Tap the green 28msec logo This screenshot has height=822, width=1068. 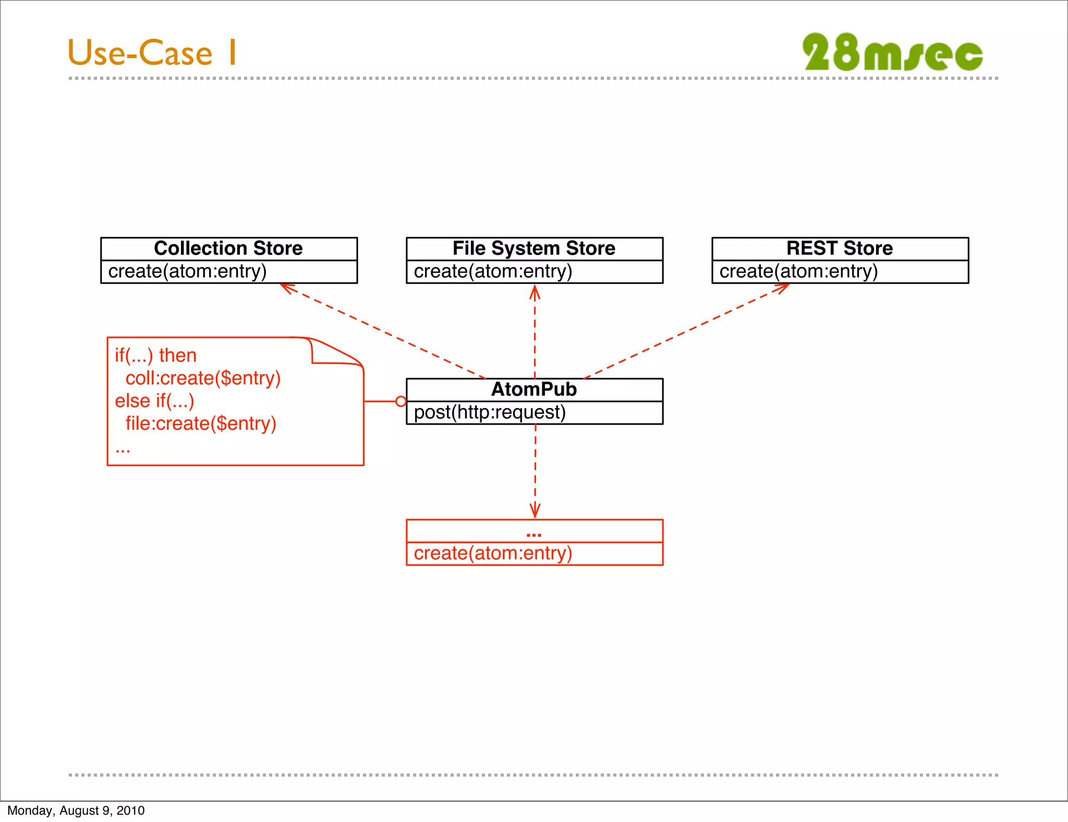892,52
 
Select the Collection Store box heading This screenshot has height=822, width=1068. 228,248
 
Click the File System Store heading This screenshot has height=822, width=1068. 534,248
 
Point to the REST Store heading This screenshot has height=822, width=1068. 840,248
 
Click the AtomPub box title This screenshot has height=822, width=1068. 534,390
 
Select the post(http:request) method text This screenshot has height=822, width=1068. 490,413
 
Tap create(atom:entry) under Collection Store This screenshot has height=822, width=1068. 187,272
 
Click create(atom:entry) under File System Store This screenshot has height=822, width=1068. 493,272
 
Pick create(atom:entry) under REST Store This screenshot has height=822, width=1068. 798,272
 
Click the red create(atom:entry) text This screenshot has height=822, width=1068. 493,553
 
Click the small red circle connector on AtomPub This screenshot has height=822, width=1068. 400,401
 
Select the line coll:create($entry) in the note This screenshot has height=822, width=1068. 203,378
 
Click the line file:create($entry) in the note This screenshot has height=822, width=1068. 201,424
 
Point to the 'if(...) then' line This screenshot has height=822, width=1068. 155,356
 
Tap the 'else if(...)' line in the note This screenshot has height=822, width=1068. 154,401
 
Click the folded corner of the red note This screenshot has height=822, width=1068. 334,351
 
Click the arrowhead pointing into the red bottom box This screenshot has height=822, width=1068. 535,511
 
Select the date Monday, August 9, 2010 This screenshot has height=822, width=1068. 76,811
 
